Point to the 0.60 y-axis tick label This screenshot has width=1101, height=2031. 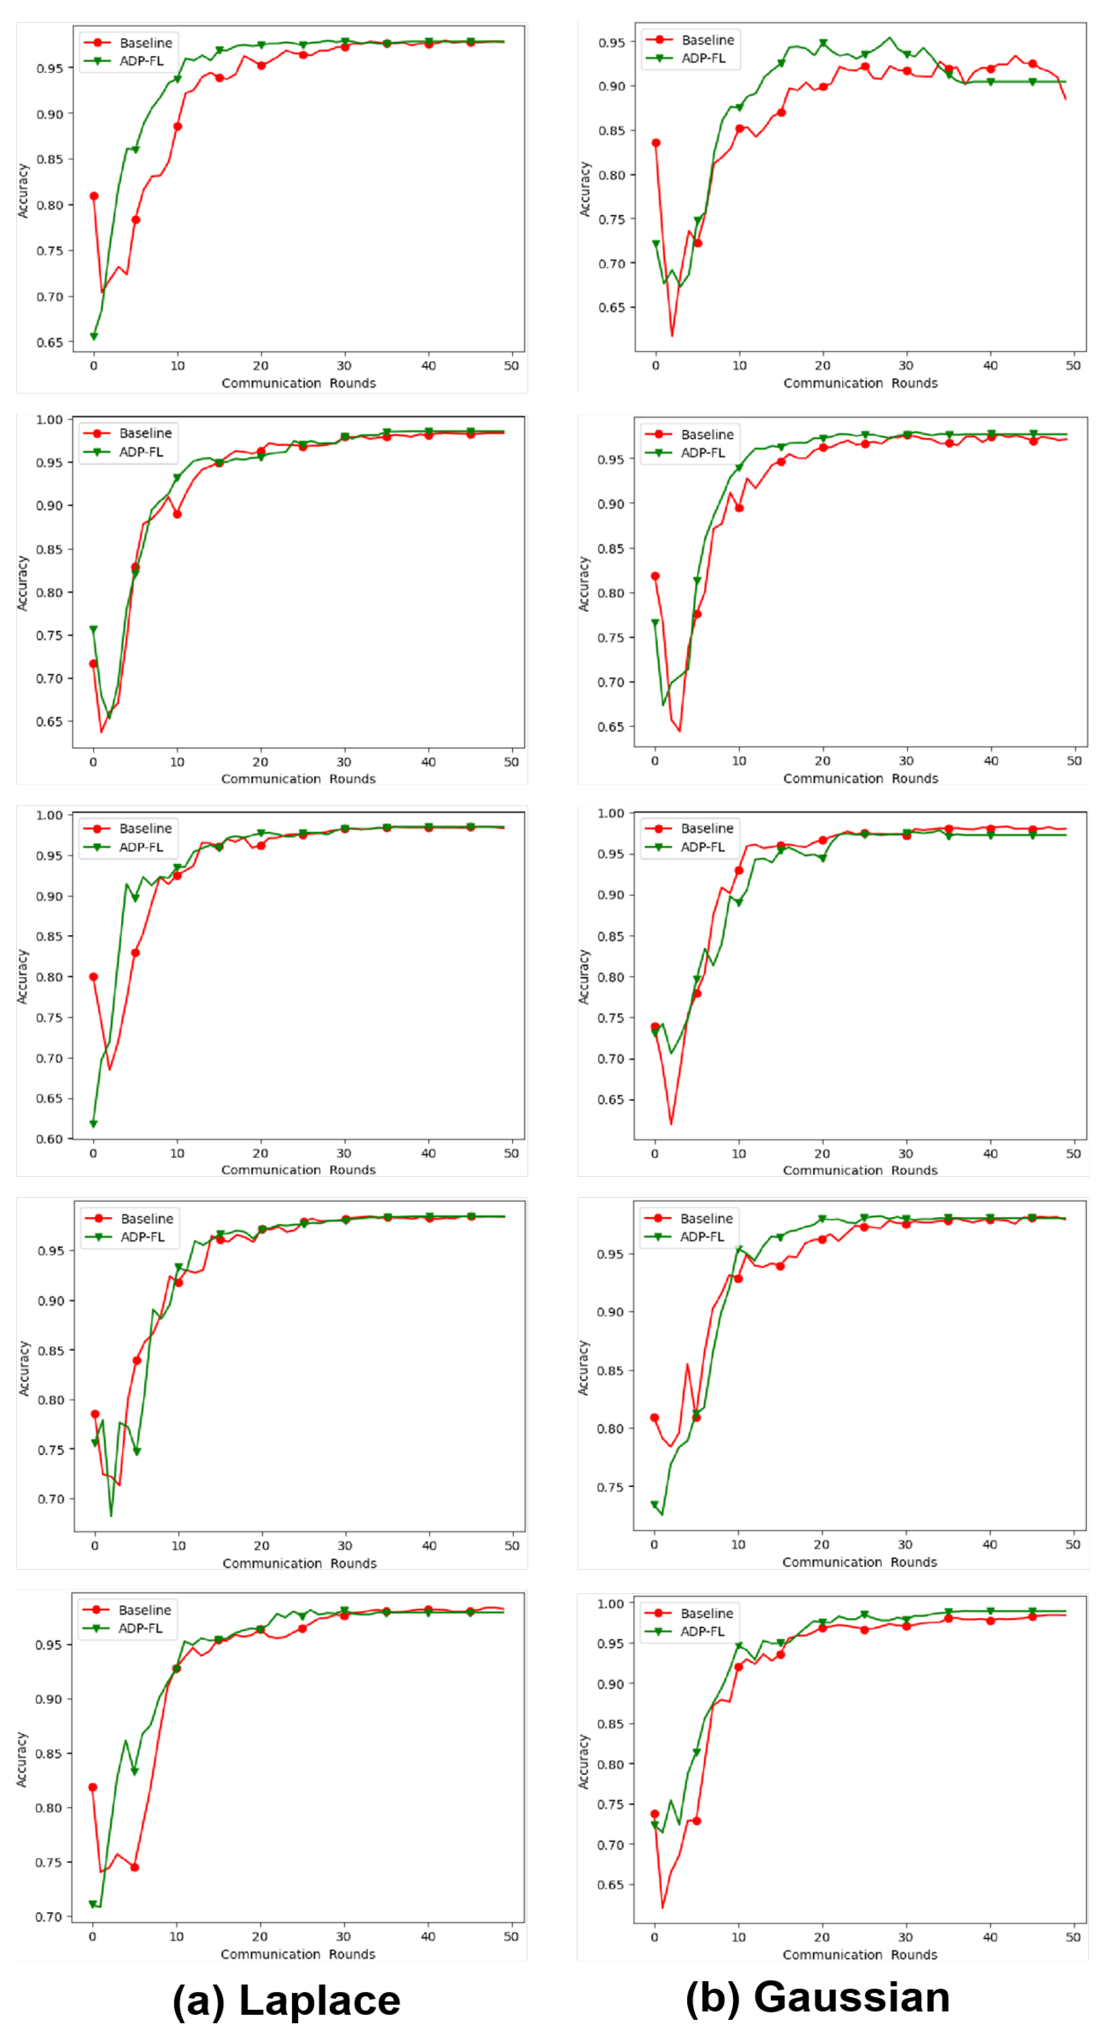(x=49, y=1138)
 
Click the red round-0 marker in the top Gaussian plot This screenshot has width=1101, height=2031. (x=655, y=143)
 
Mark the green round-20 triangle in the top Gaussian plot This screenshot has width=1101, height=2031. (x=822, y=43)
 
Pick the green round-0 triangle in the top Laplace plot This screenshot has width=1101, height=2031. (x=94, y=336)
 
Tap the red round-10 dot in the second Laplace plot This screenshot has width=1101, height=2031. (x=177, y=514)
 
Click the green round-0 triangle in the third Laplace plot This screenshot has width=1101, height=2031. (x=94, y=1124)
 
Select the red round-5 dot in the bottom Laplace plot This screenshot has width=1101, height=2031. (x=135, y=1867)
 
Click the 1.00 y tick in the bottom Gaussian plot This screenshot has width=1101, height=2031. (x=610, y=1604)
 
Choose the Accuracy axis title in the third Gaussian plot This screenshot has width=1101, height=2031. (x=584, y=976)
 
